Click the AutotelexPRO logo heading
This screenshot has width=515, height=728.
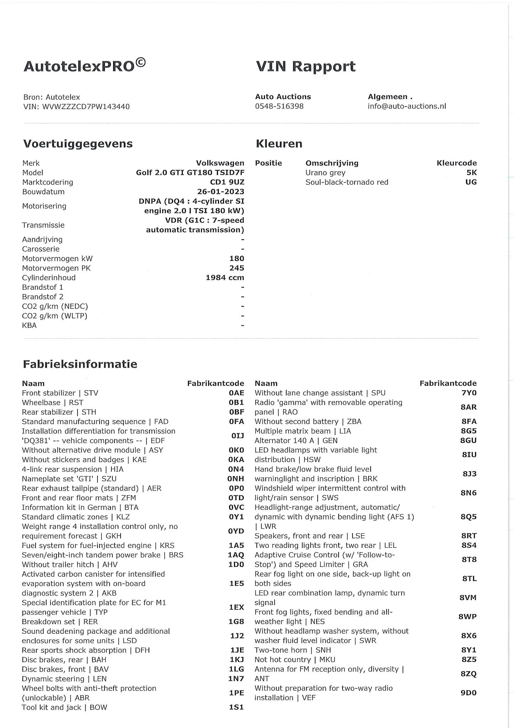85,66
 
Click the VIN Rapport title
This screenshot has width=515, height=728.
306,66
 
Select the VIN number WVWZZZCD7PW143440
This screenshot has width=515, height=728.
86,107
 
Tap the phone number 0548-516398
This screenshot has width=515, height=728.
279,106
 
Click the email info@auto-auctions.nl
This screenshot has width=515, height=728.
407,106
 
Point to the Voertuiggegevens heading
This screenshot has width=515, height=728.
78,144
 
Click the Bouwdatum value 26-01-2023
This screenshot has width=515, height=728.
221,192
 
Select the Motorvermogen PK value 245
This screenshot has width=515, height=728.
237,268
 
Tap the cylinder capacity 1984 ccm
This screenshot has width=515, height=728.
225,278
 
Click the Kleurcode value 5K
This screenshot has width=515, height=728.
471,173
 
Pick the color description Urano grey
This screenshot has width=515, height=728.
325,173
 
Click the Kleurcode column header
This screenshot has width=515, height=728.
456,163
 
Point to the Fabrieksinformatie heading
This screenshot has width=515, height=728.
80,364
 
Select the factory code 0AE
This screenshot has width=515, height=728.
236,393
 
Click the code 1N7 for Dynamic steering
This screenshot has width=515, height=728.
236,679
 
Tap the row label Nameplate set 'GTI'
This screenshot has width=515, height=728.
69,479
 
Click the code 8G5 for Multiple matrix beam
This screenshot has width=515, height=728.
468,431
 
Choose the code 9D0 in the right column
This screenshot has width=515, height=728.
468,693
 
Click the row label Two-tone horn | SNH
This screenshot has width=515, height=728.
292,650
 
